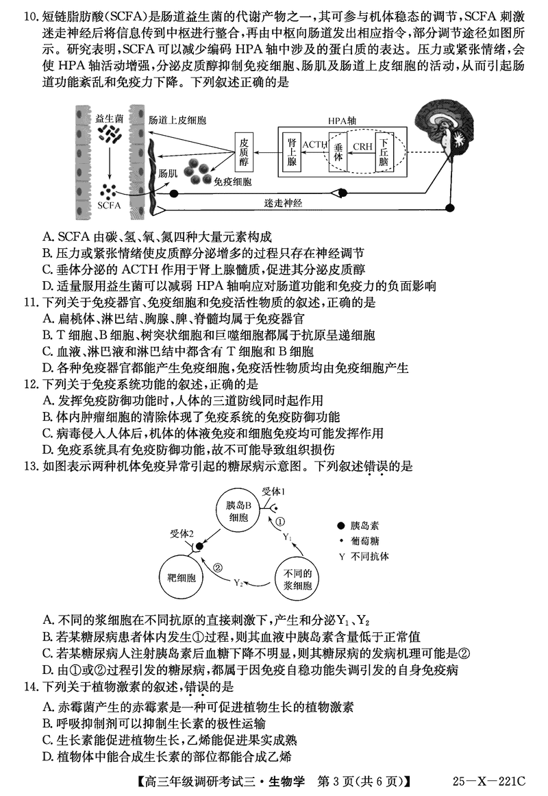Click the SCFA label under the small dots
(109, 205)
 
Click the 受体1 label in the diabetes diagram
(275, 492)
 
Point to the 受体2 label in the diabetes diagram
(182, 533)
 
